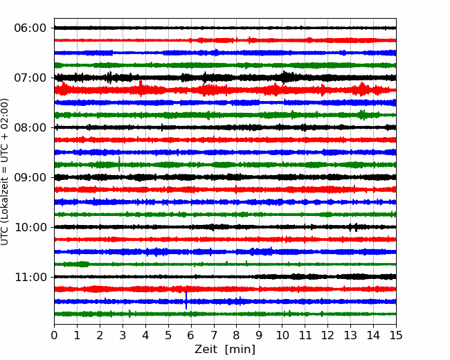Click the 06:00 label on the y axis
point(30,28)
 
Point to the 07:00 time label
point(30,78)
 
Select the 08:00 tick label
point(30,127)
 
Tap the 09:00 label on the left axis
point(30,177)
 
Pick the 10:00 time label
point(30,227)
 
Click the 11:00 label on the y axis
point(30,277)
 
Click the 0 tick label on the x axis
point(54,335)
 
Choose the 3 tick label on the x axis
point(123,335)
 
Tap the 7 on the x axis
point(214,335)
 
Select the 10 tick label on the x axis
point(282,335)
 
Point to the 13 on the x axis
point(350,335)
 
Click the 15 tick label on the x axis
point(396,335)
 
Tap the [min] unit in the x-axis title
point(240,350)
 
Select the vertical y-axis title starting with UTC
point(5,172)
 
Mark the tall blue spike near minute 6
point(186,300)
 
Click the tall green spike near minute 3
point(119,164)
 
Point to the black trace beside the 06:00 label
point(225,28)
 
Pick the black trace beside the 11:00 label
point(225,277)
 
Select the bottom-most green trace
point(225,314)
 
